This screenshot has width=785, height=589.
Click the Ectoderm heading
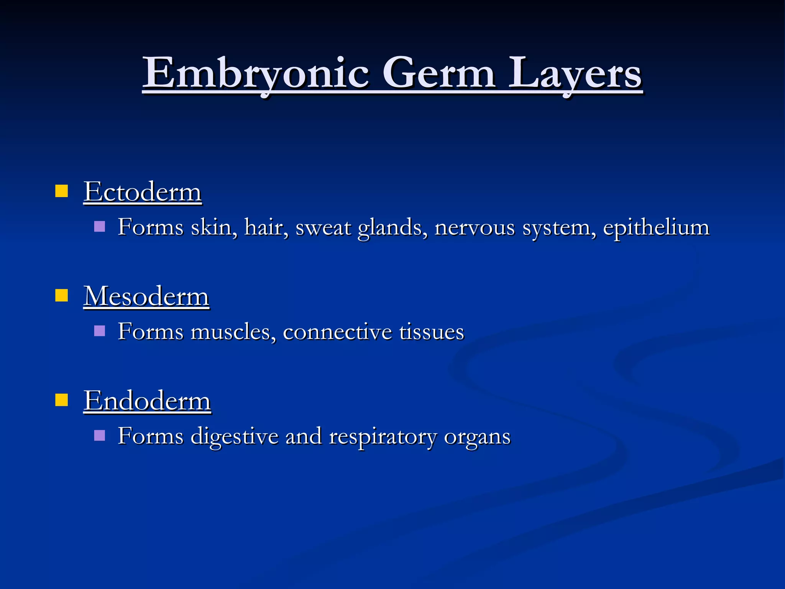point(143,192)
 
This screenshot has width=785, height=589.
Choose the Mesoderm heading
point(146,296)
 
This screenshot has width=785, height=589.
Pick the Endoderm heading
point(147,401)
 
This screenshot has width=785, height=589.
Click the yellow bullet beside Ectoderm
point(61,191)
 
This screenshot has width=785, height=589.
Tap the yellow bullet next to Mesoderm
point(61,296)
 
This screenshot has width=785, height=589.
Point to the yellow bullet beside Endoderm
point(61,400)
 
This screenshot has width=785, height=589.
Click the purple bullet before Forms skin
point(99,226)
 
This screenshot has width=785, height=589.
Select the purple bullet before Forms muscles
point(99,331)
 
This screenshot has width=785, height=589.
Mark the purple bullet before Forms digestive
point(99,435)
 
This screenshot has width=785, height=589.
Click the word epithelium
point(656,227)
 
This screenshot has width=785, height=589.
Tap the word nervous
point(475,227)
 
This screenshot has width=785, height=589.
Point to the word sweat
point(323,227)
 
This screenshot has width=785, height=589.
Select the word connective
point(337,332)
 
